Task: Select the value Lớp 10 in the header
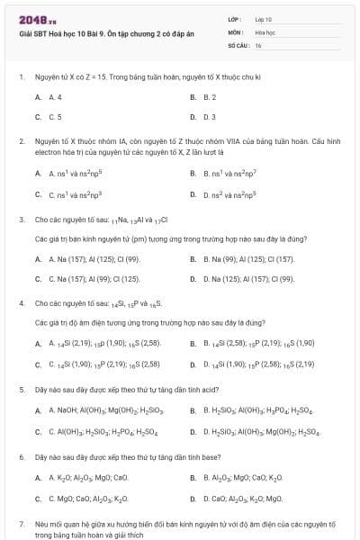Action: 264,18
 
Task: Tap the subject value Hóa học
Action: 265,31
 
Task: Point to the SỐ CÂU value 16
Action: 258,44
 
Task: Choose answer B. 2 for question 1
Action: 210,96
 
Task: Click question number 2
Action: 22,142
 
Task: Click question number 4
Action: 22,303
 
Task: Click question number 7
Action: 22,523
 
